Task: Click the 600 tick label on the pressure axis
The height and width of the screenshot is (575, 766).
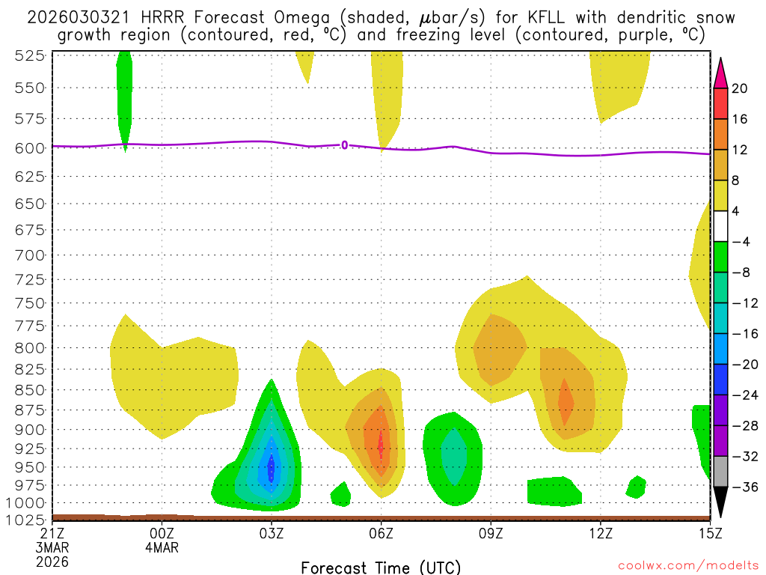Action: click(x=28, y=147)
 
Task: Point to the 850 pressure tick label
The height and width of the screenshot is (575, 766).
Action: click(x=28, y=390)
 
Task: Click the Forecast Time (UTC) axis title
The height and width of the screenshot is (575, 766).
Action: click(x=381, y=567)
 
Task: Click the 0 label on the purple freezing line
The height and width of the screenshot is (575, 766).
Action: click(x=344, y=144)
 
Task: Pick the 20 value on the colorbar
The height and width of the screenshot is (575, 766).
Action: click(x=740, y=88)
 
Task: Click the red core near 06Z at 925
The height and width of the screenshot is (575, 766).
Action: click(x=381, y=444)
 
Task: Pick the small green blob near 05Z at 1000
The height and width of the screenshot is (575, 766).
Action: click(x=341, y=493)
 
